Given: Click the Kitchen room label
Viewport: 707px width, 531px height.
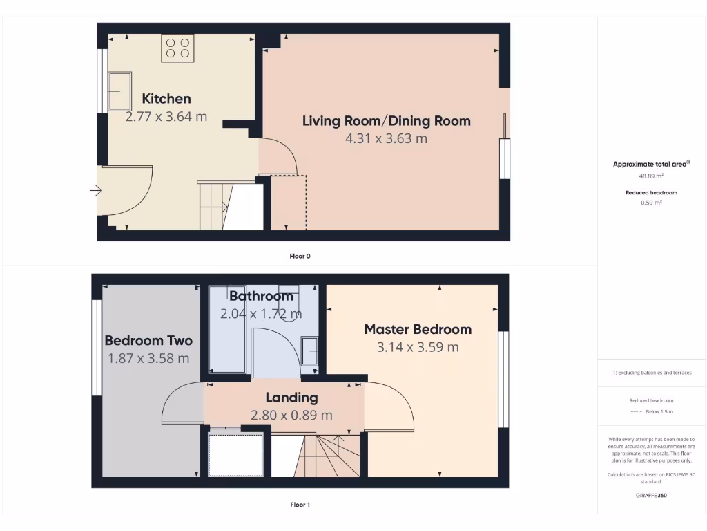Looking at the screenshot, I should (166, 99).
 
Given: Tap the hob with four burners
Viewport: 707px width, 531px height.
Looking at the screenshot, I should (177, 48).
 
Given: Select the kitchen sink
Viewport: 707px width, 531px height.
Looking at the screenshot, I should (119, 91).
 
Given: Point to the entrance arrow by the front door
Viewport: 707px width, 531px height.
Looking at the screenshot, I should (96, 191).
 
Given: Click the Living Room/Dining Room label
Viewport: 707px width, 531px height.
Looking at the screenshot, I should (386, 121).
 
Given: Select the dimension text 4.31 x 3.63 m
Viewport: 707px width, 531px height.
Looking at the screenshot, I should (386, 138).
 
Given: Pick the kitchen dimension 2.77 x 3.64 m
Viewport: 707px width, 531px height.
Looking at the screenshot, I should (166, 116).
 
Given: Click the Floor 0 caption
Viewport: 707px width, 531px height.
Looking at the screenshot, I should (300, 256).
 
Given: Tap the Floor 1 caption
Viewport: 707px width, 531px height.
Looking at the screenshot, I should (300, 505).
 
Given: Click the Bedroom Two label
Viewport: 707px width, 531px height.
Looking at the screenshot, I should (148, 340).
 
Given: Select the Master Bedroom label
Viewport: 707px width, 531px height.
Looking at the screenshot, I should (418, 329).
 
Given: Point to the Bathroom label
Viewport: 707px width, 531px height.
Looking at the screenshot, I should (261, 296).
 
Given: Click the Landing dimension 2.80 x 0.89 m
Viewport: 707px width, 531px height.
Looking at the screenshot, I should (291, 415).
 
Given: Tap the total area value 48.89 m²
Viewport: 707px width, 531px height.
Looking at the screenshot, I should (651, 176).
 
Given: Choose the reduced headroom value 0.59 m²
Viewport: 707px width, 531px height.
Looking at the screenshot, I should (651, 203).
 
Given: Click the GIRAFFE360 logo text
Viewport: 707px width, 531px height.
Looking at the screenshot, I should (651, 495).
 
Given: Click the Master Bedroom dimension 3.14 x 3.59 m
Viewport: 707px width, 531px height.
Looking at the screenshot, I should (418, 347).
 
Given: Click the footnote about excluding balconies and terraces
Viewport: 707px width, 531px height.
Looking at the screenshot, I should (651, 373).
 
